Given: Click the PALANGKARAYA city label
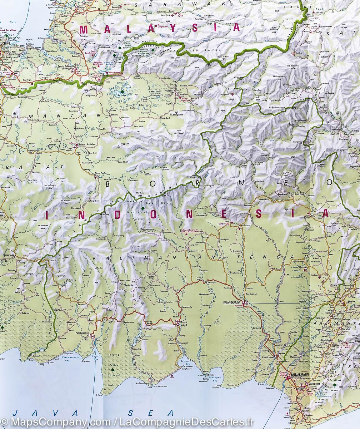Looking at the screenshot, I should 231,302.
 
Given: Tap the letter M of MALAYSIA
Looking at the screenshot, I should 83,30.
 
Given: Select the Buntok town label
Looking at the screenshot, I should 302,267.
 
